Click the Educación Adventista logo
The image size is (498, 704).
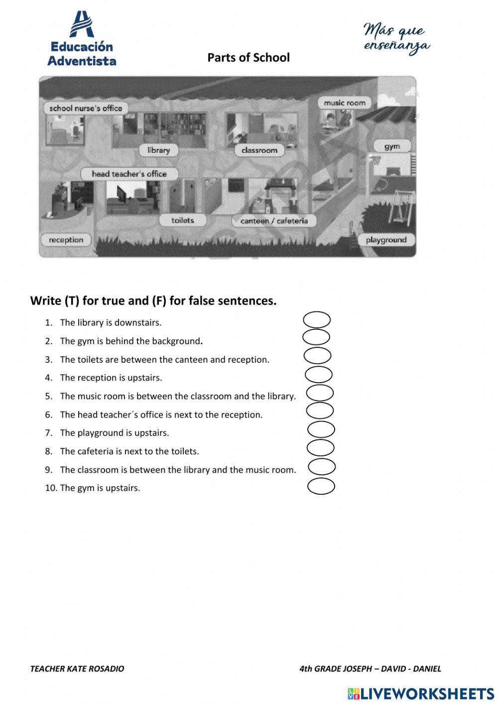click(82, 40)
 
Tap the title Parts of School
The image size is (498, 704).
click(249, 57)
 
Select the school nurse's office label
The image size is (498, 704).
click(86, 108)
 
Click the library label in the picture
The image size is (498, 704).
click(158, 150)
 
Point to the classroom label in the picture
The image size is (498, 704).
click(259, 150)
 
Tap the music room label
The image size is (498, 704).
click(345, 103)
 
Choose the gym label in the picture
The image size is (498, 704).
click(392, 146)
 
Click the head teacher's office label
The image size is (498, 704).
click(129, 174)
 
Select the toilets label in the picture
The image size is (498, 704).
click(182, 220)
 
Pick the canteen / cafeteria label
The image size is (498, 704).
click(274, 221)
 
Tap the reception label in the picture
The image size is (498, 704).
click(66, 240)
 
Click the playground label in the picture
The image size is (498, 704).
click(386, 240)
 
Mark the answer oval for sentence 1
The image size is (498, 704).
click(317, 319)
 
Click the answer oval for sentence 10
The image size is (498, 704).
click(321, 486)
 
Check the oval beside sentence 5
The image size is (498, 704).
click(320, 393)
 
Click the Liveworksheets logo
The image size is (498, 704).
click(421, 693)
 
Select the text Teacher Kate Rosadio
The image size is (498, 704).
click(77, 669)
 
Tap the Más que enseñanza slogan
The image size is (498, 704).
click(396, 38)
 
